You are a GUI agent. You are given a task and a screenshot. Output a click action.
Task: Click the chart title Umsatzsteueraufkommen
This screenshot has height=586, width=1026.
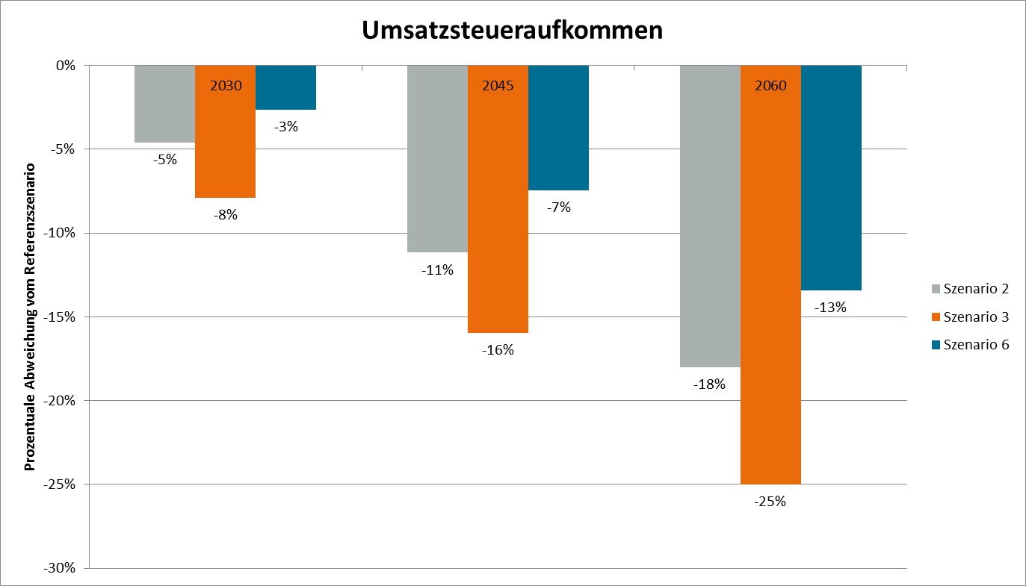513,30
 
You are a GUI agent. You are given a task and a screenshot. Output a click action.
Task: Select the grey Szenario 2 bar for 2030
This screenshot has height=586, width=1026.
164,104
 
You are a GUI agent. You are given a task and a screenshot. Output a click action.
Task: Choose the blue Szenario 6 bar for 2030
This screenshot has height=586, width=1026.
285,87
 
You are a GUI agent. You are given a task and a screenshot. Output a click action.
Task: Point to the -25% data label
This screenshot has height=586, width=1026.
770,502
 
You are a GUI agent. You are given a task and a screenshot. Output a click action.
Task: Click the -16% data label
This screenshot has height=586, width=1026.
498,349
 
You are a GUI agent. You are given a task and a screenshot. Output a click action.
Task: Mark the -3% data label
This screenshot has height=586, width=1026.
285,127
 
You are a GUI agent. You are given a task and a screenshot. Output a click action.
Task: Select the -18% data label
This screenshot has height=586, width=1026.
709,384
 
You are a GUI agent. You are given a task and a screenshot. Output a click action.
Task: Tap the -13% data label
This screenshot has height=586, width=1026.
831,307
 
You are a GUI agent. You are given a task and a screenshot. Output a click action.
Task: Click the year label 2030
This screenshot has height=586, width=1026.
226,85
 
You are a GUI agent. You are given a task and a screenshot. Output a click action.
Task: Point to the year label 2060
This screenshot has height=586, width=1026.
770,85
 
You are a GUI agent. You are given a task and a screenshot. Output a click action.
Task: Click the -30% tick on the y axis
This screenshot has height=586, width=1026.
61,568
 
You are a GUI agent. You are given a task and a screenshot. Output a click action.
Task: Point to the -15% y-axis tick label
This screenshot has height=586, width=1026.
61,317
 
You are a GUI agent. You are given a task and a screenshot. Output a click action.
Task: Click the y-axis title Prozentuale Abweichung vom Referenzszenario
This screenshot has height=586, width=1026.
31,316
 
